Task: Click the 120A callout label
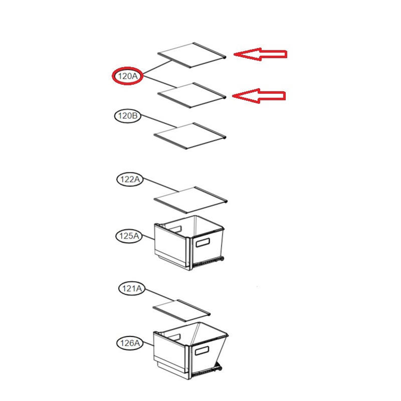click(128, 76)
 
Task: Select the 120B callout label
click(128, 116)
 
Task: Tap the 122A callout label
click(130, 179)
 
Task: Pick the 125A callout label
click(129, 236)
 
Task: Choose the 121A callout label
click(132, 289)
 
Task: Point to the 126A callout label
click(130, 343)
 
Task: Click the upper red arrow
click(260, 54)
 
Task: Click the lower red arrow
click(259, 96)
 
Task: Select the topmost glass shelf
click(192, 55)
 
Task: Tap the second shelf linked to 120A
click(192, 95)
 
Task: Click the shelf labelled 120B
click(190, 136)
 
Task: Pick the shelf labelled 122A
click(190, 199)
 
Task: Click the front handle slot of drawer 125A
click(203, 243)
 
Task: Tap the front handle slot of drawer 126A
click(202, 350)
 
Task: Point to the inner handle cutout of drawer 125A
click(175, 229)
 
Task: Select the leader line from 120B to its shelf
click(158, 121)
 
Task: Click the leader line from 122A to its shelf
click(160, 185)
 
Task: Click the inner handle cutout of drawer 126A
click(174, 337)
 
